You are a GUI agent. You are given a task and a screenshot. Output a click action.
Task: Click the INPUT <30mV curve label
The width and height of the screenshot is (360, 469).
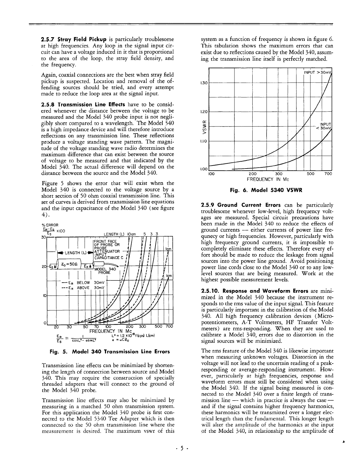coord(326,127)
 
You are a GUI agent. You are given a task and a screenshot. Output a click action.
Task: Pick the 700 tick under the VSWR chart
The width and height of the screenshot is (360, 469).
coord(328,174)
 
